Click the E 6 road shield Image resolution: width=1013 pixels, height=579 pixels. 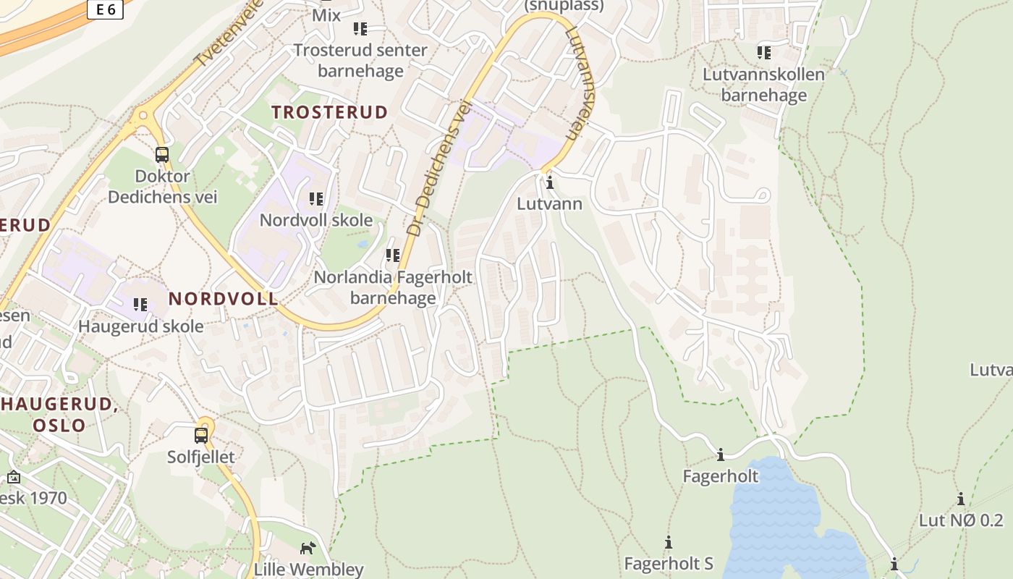coord(105,9)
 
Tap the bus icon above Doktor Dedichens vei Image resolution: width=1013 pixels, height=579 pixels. coord(162,154)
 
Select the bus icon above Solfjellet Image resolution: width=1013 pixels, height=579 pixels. coord(201,436)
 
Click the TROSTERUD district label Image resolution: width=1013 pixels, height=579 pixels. coord(329,112)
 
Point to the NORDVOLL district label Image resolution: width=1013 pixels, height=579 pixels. coord(223,298)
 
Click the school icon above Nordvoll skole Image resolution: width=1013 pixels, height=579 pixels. coord(316,198)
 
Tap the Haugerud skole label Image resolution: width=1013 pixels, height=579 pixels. coord(141,326)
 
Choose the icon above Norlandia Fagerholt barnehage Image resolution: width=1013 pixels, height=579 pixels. coord(393,255)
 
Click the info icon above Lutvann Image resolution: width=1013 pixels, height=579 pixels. coord(550,182)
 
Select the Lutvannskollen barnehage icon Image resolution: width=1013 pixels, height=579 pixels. coord(764,52)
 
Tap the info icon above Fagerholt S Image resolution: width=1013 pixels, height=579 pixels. coord(669,542)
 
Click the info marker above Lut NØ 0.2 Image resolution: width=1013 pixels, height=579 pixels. coord(961,499)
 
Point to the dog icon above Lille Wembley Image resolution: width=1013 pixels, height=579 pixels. coord(308,548)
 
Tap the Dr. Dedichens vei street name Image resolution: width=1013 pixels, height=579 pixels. coord(438,168)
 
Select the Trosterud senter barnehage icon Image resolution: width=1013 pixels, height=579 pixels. coord(360,29)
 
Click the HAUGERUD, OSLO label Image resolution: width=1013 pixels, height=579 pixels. coord(59,414)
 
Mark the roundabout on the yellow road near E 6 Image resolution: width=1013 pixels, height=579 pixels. coord(143,114)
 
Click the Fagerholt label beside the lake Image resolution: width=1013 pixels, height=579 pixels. coord(721,476)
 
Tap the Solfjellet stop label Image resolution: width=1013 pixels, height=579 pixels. coord(201,457)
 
